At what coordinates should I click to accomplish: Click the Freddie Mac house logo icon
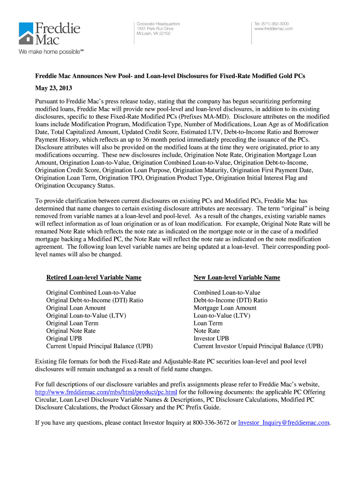[26, 34]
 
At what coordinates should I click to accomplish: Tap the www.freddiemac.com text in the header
[274, 29]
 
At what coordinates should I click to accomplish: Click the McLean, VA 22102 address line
[153, 34]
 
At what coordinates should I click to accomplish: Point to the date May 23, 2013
[54, 88]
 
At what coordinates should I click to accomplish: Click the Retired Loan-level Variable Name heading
[94, 277]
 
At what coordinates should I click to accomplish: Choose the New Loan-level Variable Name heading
[237, 277]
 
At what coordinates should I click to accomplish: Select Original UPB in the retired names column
[64, 338]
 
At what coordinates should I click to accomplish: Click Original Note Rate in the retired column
[71, 331]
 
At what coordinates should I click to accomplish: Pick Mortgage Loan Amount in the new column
[225, 308]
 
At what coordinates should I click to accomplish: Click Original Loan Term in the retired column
[72, 323]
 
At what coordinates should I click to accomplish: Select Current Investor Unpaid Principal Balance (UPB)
[258, 346]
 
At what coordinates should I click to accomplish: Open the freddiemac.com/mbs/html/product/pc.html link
[106, 392]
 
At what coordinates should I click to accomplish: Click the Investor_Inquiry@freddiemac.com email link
[284, 423]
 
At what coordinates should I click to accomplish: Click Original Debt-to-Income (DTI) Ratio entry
[94, 300]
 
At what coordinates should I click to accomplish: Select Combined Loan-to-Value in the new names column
[227, 293]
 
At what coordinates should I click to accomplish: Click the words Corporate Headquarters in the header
[158, 23]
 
